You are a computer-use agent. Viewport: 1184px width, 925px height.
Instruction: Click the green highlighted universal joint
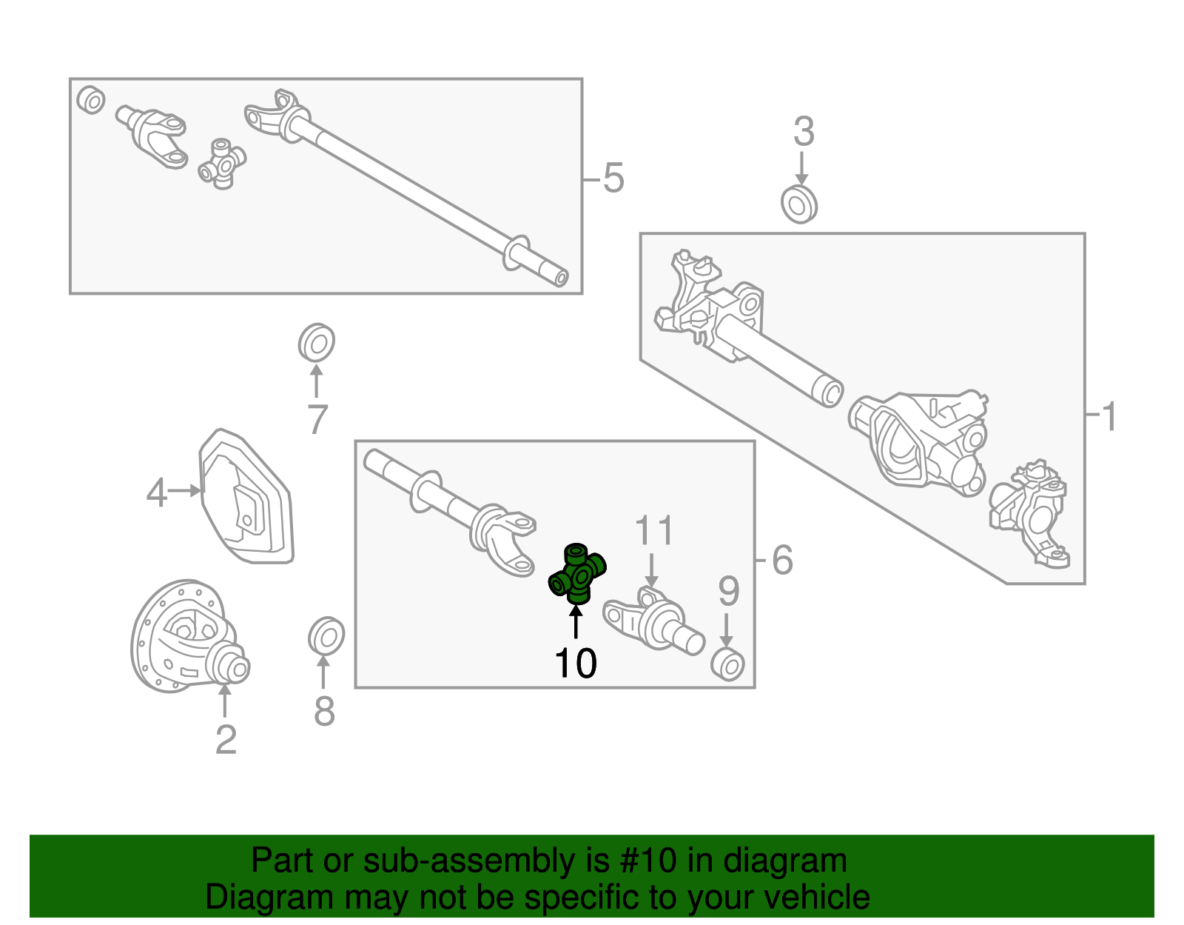click(576, 574)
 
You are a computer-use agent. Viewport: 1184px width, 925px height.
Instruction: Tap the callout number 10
click(576, 664)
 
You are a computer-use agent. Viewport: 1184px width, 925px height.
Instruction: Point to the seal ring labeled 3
click(798, 204)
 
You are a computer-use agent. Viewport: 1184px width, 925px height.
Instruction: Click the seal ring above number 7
click(317, 342)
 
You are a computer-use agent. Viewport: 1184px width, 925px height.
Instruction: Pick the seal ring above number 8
click(326, 636)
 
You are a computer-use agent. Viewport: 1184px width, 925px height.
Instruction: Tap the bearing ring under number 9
click(727, 664)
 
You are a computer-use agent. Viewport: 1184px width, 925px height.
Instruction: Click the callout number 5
click(613, 178)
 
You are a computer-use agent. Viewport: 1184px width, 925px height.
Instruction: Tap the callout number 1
click(1109, 417)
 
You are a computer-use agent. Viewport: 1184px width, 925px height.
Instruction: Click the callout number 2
click(226, 740)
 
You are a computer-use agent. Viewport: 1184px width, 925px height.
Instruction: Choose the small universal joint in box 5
click(222, 164)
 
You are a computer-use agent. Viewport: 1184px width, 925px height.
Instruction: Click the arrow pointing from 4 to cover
click(184, 490)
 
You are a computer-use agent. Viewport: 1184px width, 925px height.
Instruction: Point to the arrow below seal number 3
click(801, 168)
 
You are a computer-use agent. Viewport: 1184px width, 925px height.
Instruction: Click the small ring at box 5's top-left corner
click(91, 100)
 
